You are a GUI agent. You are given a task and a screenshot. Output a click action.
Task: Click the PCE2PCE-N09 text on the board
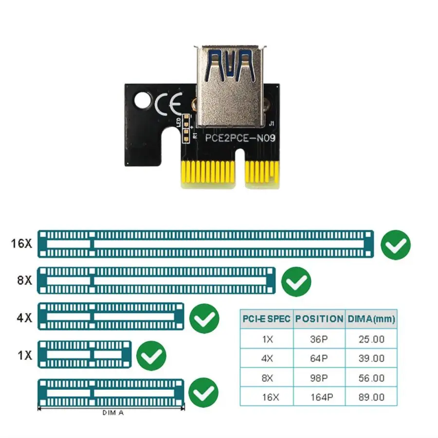coord(240,138)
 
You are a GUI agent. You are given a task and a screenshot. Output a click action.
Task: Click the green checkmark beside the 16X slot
coord(396,245)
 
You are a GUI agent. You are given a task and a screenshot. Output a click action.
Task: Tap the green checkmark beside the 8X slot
coord(296,281)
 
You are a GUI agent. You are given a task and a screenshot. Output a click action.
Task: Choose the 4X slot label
coord(24,318)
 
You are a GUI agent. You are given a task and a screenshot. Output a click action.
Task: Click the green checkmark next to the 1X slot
coord(151,356)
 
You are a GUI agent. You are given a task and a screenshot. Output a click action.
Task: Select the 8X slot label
coord(24,281)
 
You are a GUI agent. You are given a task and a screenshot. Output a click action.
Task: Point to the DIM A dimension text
coord(113,413)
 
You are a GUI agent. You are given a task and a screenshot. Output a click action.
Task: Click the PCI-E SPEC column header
coord(267,319)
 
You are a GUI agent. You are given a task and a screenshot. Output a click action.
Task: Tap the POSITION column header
coord(319,319)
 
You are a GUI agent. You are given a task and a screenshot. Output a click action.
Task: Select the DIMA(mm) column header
coord(371,319)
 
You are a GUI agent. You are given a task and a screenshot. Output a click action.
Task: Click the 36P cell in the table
coord(319,339)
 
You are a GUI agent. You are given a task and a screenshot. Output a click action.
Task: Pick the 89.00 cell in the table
coord(371,397)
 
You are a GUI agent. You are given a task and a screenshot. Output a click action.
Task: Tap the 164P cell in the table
coord(321,397)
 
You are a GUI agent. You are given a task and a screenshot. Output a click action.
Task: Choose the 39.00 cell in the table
coord(371,359)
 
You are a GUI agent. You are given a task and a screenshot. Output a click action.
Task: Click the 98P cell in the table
coord(319,378)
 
